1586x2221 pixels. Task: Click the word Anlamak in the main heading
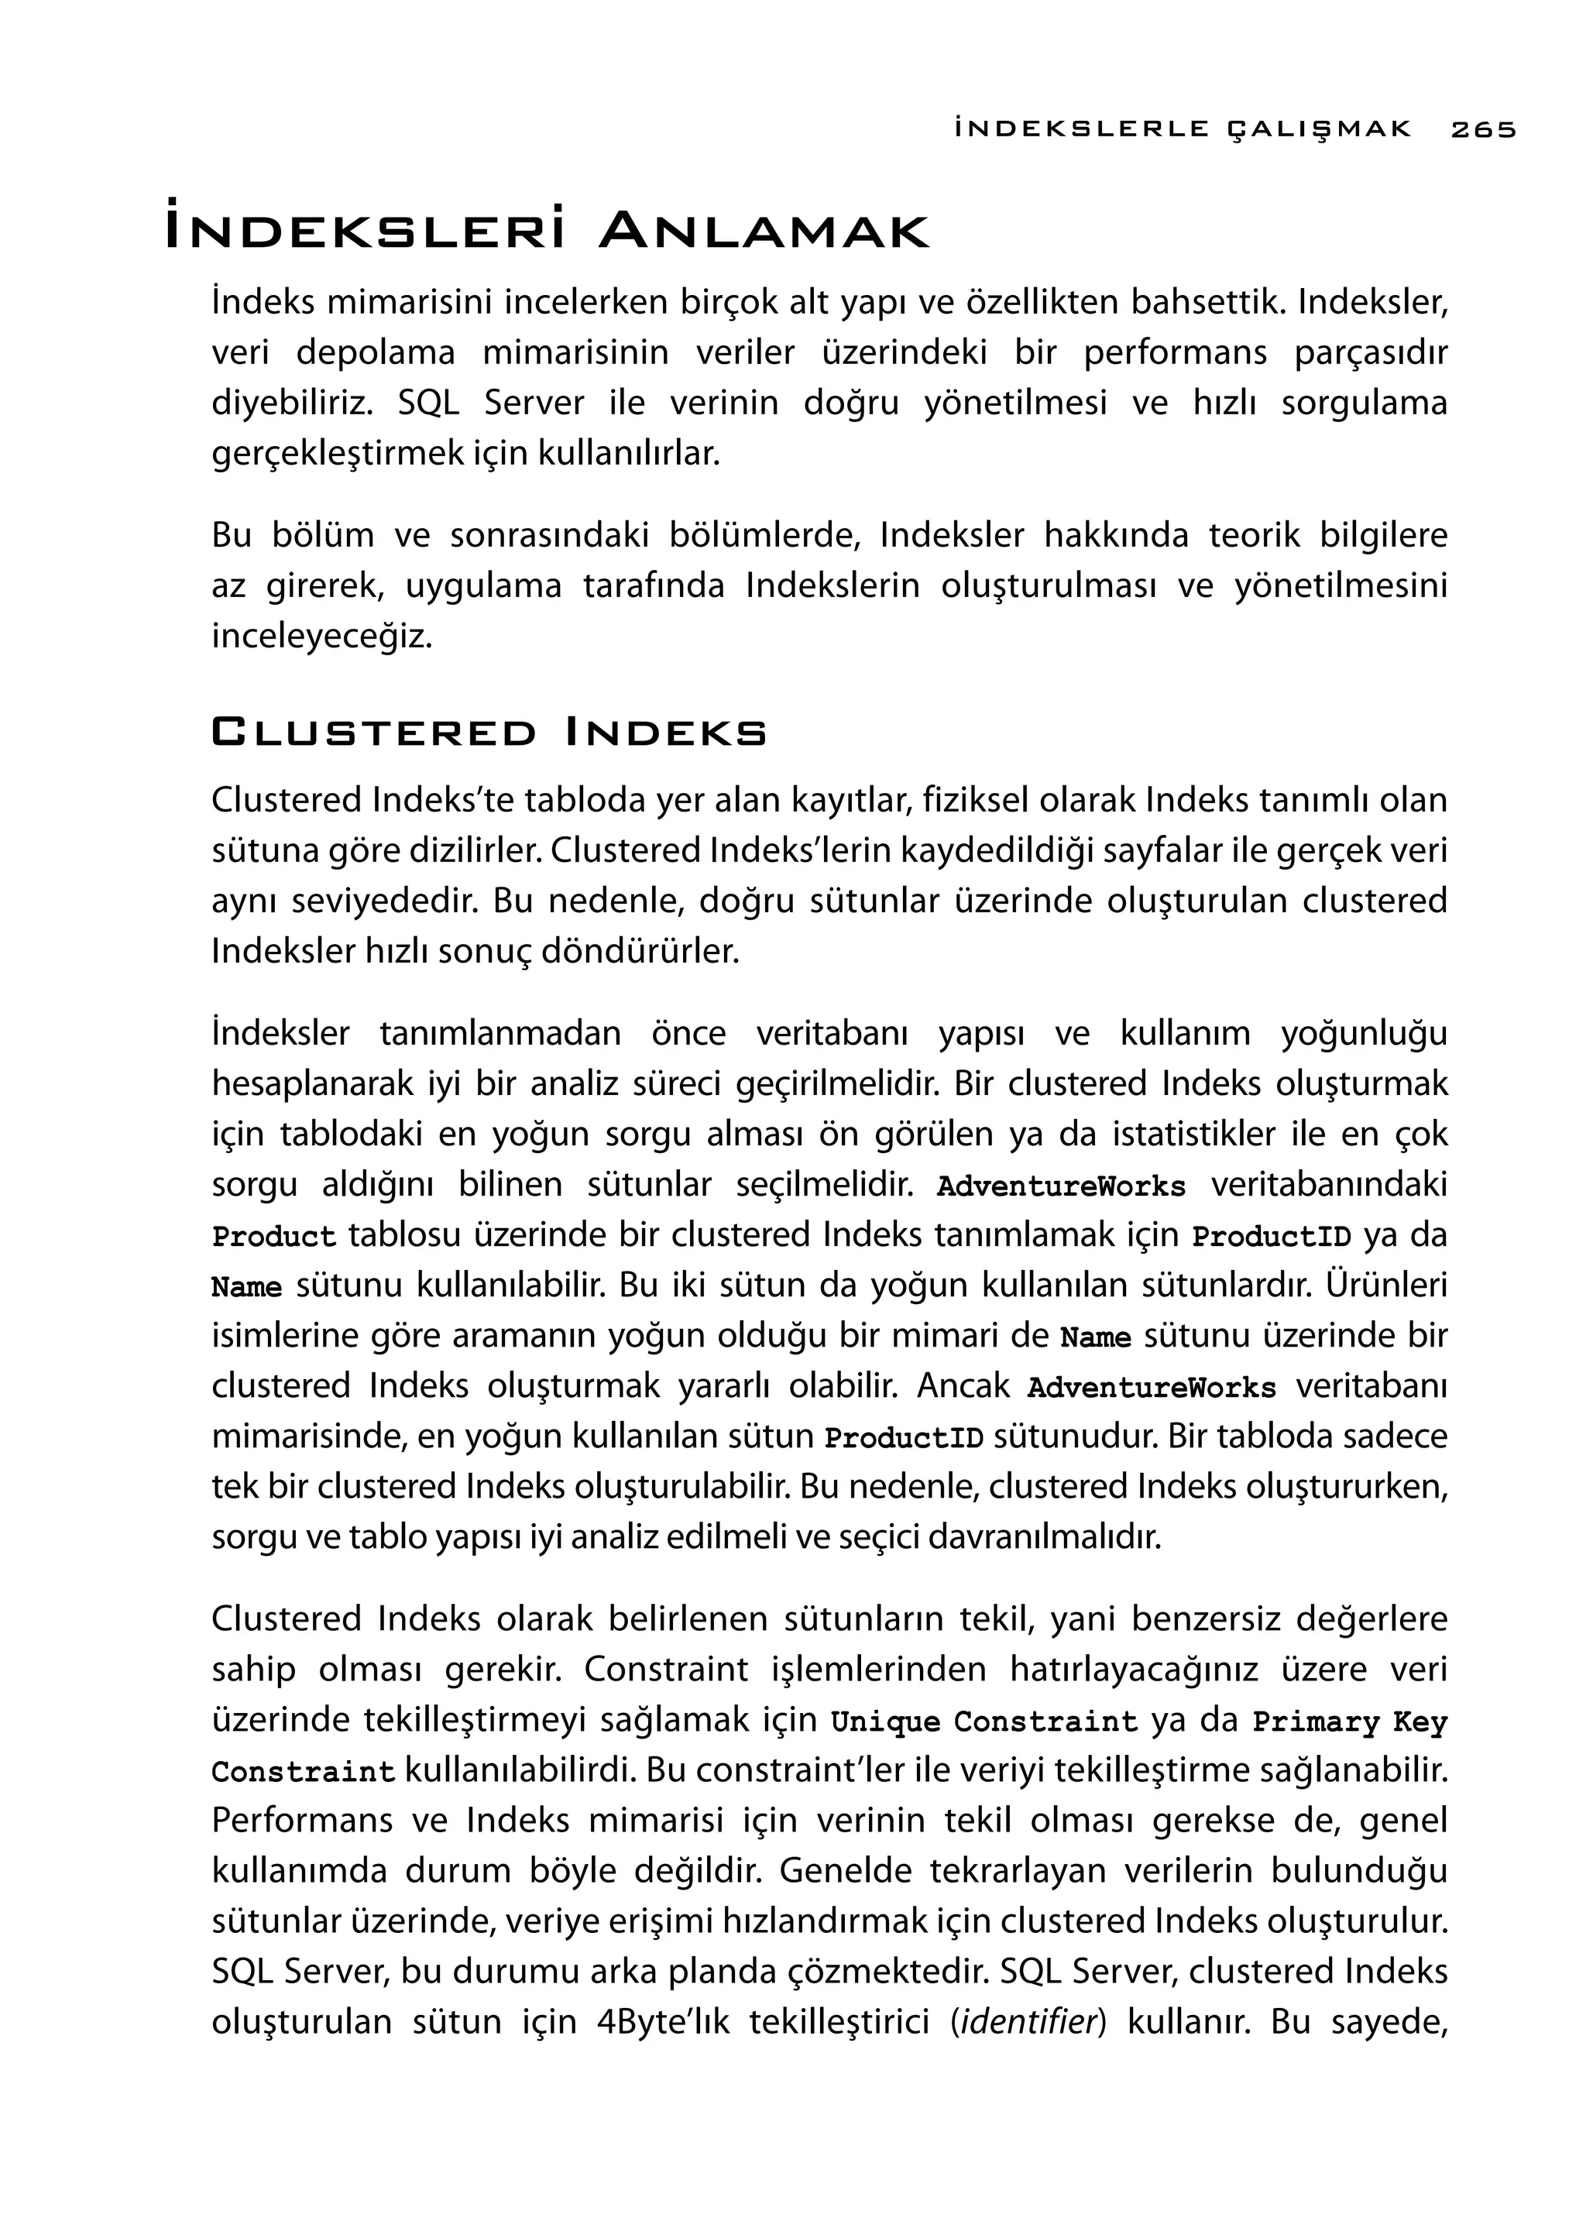pyautogui.click(x=764, y=232)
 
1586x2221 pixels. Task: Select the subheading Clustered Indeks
pyautogui.click(x=489, y=733)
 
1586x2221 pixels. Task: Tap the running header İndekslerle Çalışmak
pyautogui.click(x=1183, y=129)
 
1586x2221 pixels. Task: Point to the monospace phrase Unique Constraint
pyautogui.click(x=984, y=1721)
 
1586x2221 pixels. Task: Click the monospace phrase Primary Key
pyautogui.click(x=1349, y=1721)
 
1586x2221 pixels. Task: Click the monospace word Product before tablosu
pyautogui.click(x=273, y=1238)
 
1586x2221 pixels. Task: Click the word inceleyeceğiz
pyautogui.click(x=321, y=637)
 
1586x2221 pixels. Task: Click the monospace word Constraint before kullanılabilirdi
pyautogui.click(x=303, y=1772)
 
